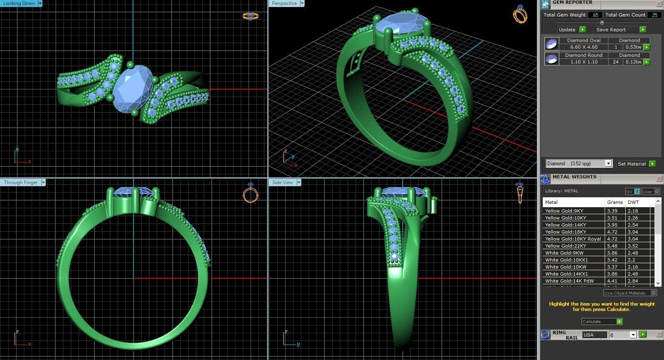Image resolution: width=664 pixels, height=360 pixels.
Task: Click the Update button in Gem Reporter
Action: click(567, 30)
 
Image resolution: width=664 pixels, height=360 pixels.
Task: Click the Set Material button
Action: click(631, 164)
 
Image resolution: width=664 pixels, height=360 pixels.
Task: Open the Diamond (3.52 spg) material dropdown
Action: click(608, 164)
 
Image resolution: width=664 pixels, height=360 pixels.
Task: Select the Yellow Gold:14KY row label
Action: click(565, 225)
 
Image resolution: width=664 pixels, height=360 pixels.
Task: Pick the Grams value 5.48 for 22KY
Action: click(612, 246)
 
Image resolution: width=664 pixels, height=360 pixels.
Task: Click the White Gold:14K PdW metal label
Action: click(569, 281)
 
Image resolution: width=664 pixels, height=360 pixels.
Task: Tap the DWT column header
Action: click(633, 202)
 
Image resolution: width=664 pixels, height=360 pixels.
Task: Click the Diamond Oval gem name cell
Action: click(583, 40)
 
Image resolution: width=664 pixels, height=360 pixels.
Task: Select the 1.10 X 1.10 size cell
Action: click(583, 62)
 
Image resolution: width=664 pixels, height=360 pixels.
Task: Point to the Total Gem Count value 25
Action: click(654, 15)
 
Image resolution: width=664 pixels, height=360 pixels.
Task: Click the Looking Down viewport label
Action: click(19, 3)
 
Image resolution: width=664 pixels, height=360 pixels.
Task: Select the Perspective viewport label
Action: click(284, 3)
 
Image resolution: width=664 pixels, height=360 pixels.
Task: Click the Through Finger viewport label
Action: click(21, 182)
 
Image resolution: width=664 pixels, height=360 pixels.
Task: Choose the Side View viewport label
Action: click(282, 182)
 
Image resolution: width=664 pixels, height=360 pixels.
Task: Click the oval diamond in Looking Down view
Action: click(132, 89)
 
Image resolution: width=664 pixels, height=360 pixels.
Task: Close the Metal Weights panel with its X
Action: click(659, 179)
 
